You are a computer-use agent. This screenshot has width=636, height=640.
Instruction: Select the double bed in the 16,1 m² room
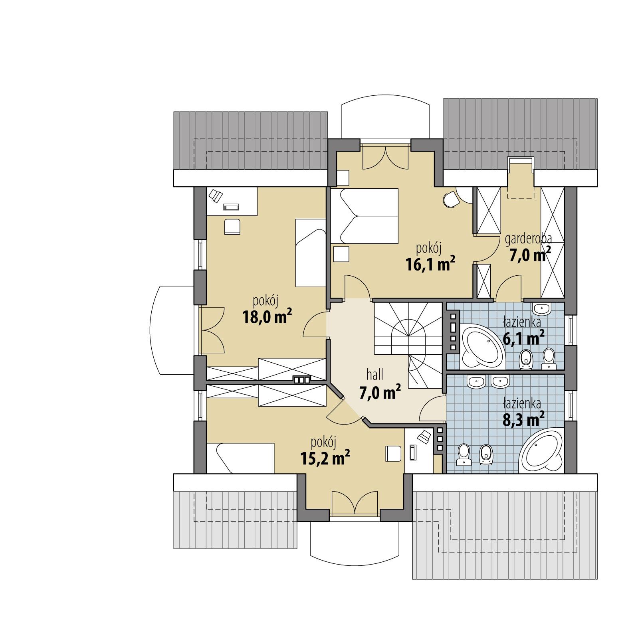tap(364, 216)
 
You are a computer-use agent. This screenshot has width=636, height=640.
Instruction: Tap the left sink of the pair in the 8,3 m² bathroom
tap(476, 382)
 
